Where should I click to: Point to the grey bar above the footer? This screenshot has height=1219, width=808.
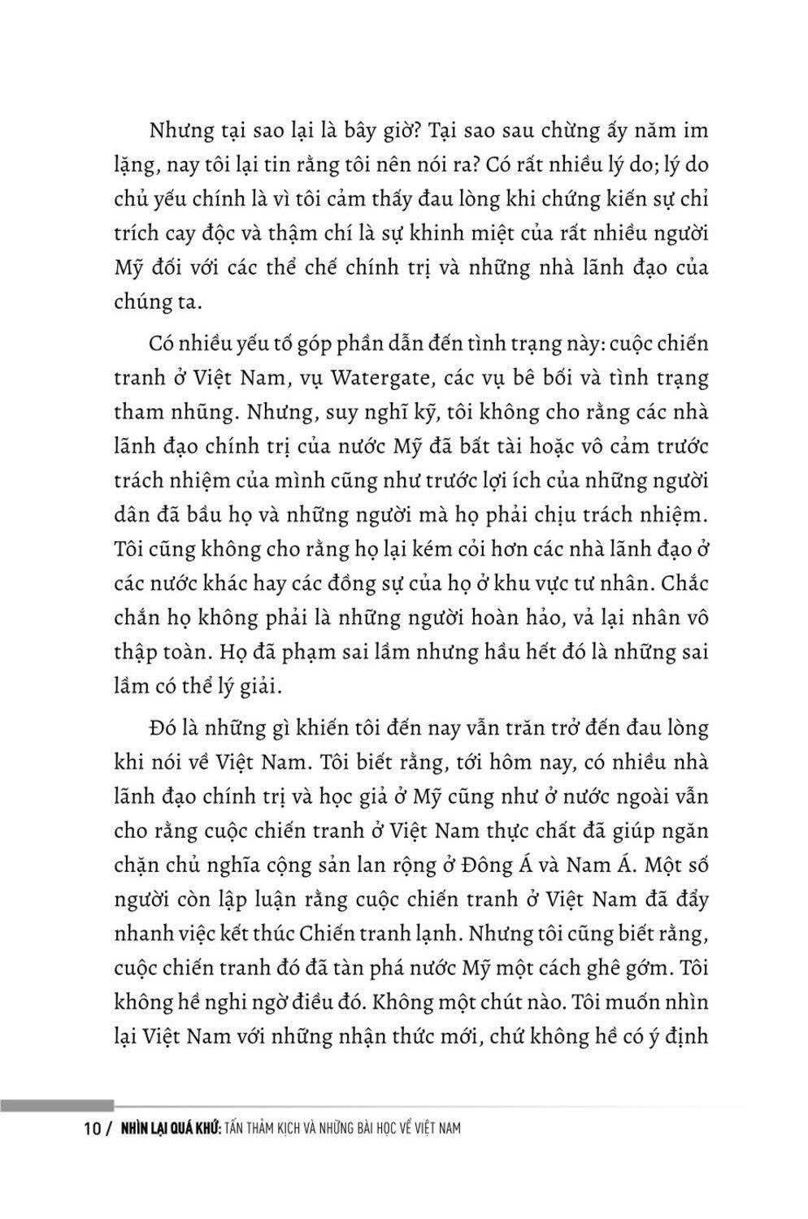pyautogui.click(x=57, y=1105)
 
